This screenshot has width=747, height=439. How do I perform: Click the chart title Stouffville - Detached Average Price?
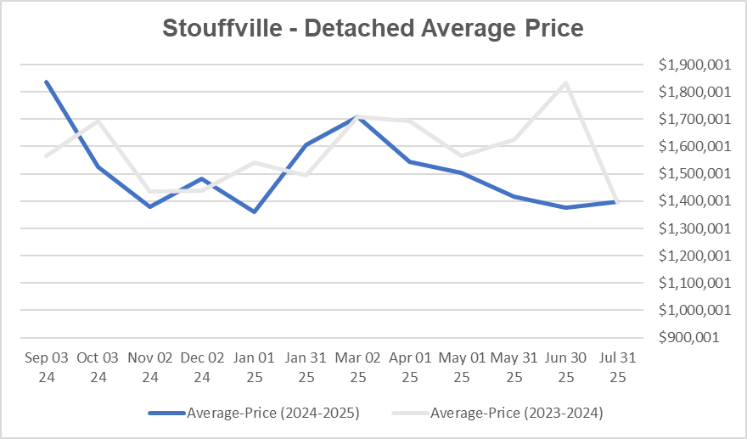373,28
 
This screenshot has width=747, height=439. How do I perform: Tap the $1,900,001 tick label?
688,65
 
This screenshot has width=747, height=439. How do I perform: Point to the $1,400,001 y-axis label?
688,201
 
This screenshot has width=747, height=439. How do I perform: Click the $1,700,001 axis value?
688,120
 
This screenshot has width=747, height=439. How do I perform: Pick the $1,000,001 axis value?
688,310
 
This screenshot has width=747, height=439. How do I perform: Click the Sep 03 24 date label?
47,366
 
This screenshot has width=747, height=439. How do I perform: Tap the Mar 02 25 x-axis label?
358,366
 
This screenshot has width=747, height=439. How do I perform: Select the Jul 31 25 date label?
617,366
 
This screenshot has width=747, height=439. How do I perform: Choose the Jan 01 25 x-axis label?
254,366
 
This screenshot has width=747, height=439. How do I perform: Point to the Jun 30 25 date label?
565,366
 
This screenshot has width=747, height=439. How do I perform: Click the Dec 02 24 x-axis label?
202,366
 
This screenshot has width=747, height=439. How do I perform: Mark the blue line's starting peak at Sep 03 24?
46,82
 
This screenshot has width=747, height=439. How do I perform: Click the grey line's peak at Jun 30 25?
565,82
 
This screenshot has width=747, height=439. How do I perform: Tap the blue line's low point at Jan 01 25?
254,211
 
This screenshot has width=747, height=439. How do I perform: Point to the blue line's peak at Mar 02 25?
358,117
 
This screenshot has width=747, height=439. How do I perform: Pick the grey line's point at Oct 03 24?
98,120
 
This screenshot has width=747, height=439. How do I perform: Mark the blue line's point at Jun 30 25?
565,207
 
